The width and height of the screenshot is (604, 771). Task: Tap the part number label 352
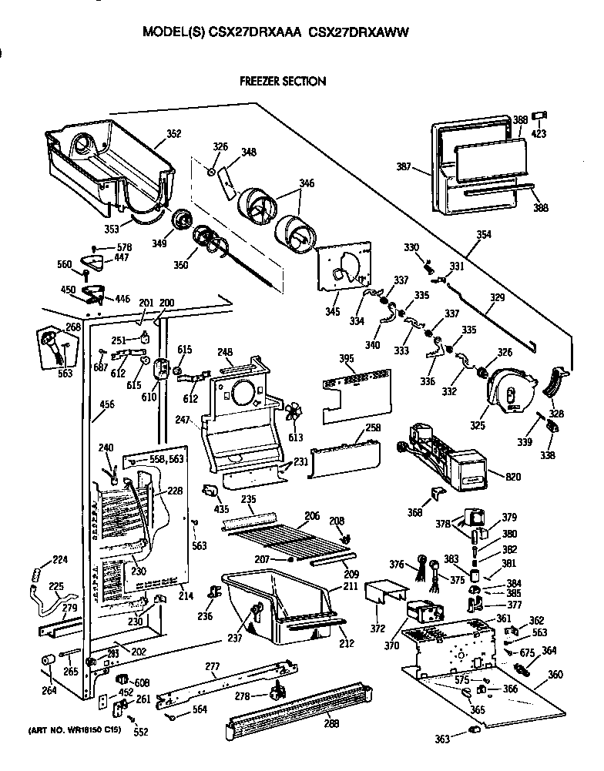tap(173, 134)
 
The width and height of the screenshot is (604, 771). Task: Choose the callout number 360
tap(555, 675)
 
